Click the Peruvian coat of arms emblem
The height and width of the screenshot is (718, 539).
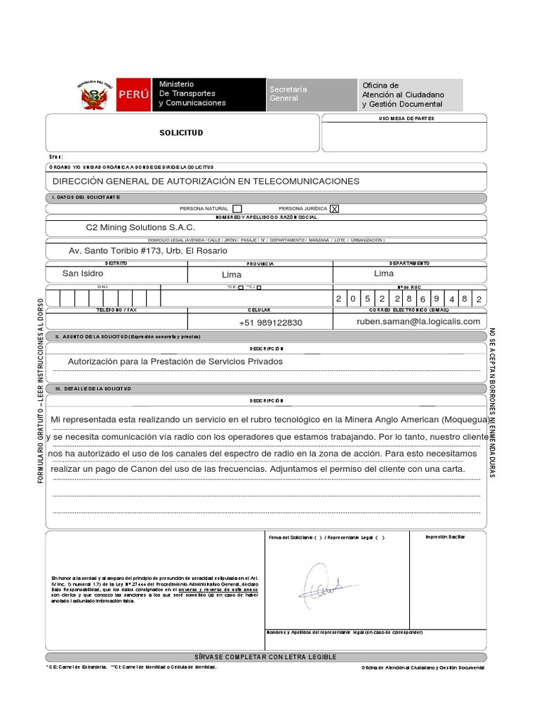tap(95, 95)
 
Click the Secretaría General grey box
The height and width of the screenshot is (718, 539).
tap(311, 94)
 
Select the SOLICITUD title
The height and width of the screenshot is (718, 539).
tap(180, 133)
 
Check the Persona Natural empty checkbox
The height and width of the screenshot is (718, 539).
tap(237, 208)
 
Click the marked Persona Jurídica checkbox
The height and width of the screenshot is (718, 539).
tap(334, 208)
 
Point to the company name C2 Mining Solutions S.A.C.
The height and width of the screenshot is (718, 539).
tap(140, 227)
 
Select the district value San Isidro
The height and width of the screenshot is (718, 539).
tap(83, 273)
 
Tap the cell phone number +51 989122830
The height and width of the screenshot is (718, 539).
tap(270, 323)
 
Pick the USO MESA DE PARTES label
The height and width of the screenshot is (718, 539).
tap(406, 118)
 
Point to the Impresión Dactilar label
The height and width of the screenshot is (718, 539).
tap(445, 537)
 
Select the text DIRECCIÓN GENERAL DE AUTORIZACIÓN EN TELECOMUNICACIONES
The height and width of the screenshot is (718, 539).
tap(206, 181)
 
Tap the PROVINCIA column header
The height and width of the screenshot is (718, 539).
tap(259, 264)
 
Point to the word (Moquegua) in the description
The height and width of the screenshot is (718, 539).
tap(465, 419)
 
